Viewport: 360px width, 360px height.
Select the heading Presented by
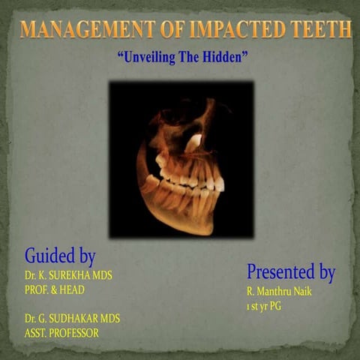coord(291,271)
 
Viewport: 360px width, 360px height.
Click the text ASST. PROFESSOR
coord(61,332)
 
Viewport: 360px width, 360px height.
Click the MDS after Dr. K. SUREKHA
coord(101,275)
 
